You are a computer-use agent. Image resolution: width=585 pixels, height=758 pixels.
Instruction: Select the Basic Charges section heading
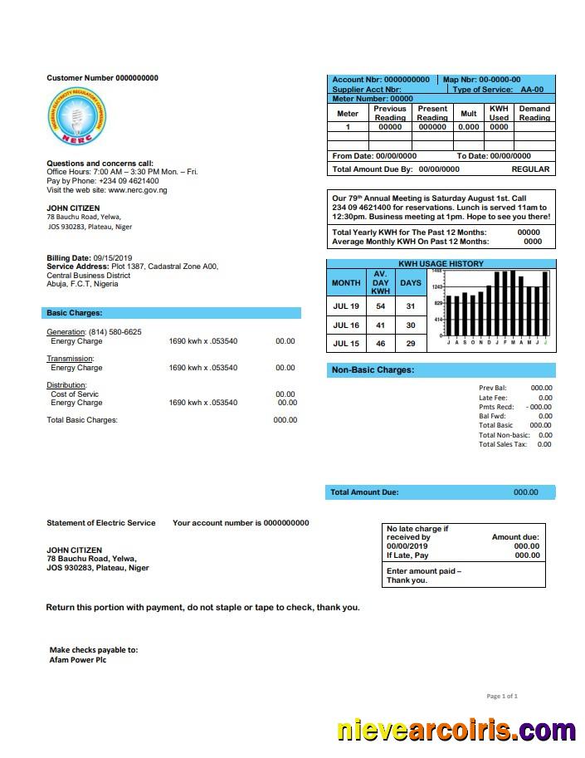[x=75, y=313]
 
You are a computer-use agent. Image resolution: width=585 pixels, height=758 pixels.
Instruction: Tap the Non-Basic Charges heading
[x=373, y=369]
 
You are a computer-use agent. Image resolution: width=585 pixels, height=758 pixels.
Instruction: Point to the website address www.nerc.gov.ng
[x=134, y=190]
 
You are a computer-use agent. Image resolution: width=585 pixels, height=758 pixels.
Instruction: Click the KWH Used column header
[x=499, y=113]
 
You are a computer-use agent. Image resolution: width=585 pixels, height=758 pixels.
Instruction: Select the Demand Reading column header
[x=534, y=113]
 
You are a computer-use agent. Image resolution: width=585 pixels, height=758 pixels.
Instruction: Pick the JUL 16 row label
[x=346, y=325]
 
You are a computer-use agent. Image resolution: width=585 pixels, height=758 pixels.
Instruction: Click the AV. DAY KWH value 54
[x=380, y=306]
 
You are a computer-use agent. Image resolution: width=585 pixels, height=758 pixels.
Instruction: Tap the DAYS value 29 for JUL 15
[x=411, y=344]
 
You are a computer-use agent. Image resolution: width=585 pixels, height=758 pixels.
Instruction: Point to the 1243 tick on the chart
[x=437, y=287]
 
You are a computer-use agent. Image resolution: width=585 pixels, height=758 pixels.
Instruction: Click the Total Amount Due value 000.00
[x=525, y=492]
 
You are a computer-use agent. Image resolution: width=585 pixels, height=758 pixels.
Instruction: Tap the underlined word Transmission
[x=70, y=359]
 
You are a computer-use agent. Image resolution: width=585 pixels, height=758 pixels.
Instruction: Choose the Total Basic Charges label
[x=82, y=420]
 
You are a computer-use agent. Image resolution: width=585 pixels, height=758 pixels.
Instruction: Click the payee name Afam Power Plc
[x=78, y=660]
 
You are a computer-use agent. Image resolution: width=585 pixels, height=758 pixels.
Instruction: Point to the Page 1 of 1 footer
[x=502, y=696]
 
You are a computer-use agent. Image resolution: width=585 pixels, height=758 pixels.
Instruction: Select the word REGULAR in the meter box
[x=530, y=169]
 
